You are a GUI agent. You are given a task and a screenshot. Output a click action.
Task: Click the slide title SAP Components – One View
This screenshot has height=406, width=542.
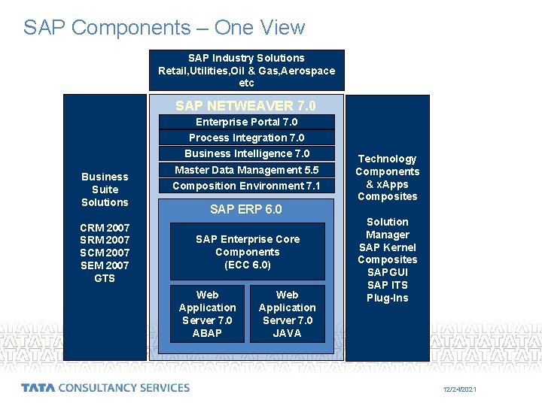click(164, 28)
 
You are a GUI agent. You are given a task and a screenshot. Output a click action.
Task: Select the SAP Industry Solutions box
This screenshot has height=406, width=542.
click(246, 70)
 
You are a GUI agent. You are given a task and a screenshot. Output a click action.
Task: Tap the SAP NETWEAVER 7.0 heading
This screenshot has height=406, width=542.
click(246, 106)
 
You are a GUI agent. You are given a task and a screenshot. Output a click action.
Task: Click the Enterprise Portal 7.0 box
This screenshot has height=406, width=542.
click(246, 122)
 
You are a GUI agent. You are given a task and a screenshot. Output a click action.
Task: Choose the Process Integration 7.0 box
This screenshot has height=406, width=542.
click(246, 138)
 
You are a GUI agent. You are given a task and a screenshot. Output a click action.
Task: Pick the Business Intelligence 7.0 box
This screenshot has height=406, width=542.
click(246, 153)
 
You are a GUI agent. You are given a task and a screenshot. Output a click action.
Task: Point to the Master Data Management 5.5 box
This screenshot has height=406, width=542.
click(246, 170)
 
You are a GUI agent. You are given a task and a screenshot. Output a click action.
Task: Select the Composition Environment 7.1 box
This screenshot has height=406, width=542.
click(246, 186)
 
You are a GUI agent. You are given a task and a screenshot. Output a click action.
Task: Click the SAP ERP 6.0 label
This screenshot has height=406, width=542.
click(246, 209)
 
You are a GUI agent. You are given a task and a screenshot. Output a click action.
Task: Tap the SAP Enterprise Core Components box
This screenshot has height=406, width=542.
click(247, 252)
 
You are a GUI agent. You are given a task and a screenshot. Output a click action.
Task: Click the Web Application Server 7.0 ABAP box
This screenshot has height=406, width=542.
click(207, 314)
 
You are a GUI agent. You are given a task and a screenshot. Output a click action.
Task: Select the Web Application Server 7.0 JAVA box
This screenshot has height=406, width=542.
click(287, 314)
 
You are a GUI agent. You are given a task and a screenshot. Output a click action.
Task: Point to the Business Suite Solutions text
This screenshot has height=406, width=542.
click(105, 189)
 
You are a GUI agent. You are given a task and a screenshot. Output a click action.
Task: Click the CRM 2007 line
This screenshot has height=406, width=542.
click(105, 227)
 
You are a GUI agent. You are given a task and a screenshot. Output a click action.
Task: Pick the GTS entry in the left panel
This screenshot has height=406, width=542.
click(105, 278)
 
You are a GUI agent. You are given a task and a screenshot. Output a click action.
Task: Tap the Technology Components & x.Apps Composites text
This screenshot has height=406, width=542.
click(387, 177)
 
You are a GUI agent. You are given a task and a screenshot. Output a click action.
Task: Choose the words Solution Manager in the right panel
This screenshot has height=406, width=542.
click(387, 228)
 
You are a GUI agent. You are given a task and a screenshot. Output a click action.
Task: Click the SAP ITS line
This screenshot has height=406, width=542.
click(387, 285)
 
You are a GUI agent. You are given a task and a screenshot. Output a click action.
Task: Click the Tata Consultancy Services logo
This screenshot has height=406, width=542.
click(105, 388)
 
